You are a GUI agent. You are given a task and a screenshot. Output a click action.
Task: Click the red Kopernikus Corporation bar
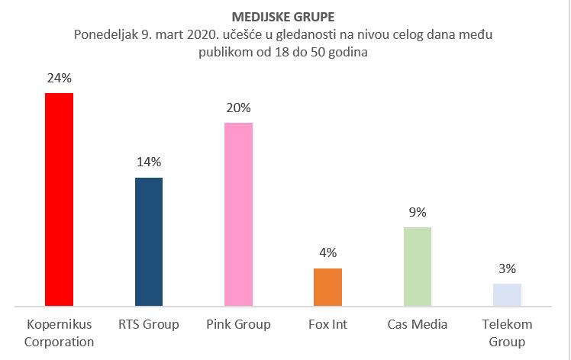coord(59,200)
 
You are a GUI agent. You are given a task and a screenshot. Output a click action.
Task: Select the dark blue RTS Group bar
coord(149,242)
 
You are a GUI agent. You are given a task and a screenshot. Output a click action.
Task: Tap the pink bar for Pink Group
coord(238,214)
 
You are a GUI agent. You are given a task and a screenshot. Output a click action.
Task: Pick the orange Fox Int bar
coord(327,288)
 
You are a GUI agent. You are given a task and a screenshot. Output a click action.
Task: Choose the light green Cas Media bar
coord(417,267)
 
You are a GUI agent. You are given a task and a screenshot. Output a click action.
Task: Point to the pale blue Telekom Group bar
coord(507,295)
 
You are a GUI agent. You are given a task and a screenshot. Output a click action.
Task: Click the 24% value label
coord(59,78)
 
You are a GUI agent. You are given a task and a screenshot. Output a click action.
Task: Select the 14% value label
coord(149,162)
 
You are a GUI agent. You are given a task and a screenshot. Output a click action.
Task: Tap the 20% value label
coord(238,108)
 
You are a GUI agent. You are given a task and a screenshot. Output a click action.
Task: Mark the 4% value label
coord(327,253)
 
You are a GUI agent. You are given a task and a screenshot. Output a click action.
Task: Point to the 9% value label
coord(417,212)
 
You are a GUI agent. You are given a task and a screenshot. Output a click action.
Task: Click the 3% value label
coord(507,268)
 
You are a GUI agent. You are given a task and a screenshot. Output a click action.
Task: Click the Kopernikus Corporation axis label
coord(59,333)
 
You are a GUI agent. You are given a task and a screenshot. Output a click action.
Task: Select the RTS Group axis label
coord(149,325)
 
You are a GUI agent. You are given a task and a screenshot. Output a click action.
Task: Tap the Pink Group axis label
coord(238,325)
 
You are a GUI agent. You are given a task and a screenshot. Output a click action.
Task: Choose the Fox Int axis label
coord(327,325)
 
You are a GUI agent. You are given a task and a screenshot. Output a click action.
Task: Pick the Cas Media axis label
coord(417,325)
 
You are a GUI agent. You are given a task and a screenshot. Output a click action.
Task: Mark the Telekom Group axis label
coord(507,333)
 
